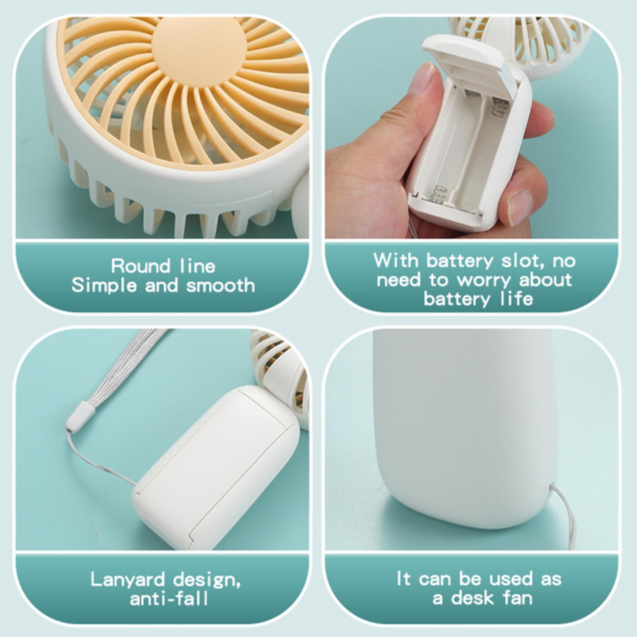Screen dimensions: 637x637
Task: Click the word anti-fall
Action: (169, 598)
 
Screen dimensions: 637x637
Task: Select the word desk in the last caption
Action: (471, 598)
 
